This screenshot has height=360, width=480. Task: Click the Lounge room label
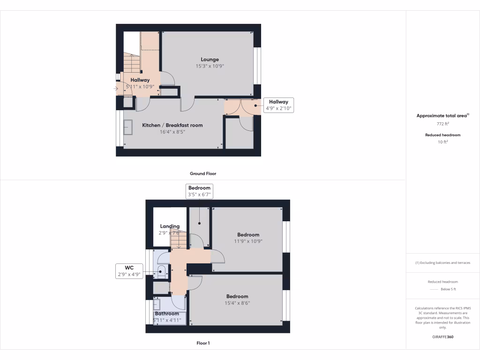[x=210, y=60]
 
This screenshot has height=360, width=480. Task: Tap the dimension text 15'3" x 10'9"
[x=210, y=67]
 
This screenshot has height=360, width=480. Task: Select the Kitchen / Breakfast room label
[x=172, y=125]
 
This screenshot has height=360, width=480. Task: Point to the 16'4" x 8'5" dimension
[x=172, y=132]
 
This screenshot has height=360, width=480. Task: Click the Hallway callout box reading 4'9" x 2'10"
[x=278, y=105]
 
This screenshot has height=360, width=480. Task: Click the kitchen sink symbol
[x=128, y=127]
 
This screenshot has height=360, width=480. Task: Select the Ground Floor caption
[x=203, y=173]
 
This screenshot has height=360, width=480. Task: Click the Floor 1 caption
[x=203, y=343]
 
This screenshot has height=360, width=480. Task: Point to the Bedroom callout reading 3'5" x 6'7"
[x=199, y=191]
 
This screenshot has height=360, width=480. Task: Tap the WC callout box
[x=129, y=271]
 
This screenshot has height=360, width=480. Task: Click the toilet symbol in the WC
[x=161, y=270]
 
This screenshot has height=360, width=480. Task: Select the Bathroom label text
[x=167, y=314]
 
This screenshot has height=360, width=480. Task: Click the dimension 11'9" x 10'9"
[x=248, y=241]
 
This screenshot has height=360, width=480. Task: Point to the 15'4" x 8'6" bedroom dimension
[x=237, y=303]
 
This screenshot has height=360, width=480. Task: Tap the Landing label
[x=170, y=226]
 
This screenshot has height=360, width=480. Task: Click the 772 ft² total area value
[x=443, y=124]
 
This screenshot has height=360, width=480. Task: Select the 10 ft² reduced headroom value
[x=443, y=142]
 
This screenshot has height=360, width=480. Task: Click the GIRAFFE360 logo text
[x=443, y=337]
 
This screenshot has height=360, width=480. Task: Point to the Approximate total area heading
[x=443, y=115]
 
